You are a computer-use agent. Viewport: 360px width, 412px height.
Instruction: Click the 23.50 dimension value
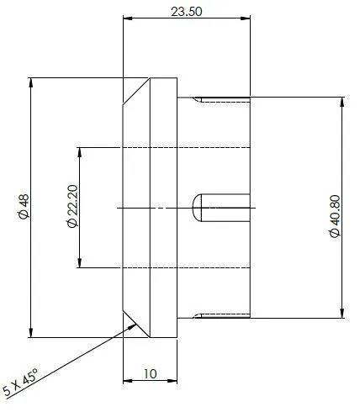tap(186, 12)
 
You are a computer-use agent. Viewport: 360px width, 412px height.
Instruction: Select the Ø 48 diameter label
tap(24, 206)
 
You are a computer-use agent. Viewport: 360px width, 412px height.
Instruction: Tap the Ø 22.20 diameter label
tap(72, 206)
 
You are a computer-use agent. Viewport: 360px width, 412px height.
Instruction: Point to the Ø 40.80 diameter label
tap(335, 216)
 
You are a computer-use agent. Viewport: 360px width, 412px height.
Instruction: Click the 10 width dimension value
tap(151, 373)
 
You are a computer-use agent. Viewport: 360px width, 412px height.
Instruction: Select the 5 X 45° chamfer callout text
tap(20, 383)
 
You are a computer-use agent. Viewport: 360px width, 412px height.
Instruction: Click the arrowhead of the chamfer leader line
tap(132, 326)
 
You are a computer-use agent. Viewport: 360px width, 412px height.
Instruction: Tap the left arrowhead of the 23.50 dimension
tap(128, 18)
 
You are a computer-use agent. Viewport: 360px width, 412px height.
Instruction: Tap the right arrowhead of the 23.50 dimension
tap(246, 18)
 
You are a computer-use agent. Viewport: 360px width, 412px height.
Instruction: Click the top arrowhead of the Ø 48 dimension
tap(31, 82)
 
